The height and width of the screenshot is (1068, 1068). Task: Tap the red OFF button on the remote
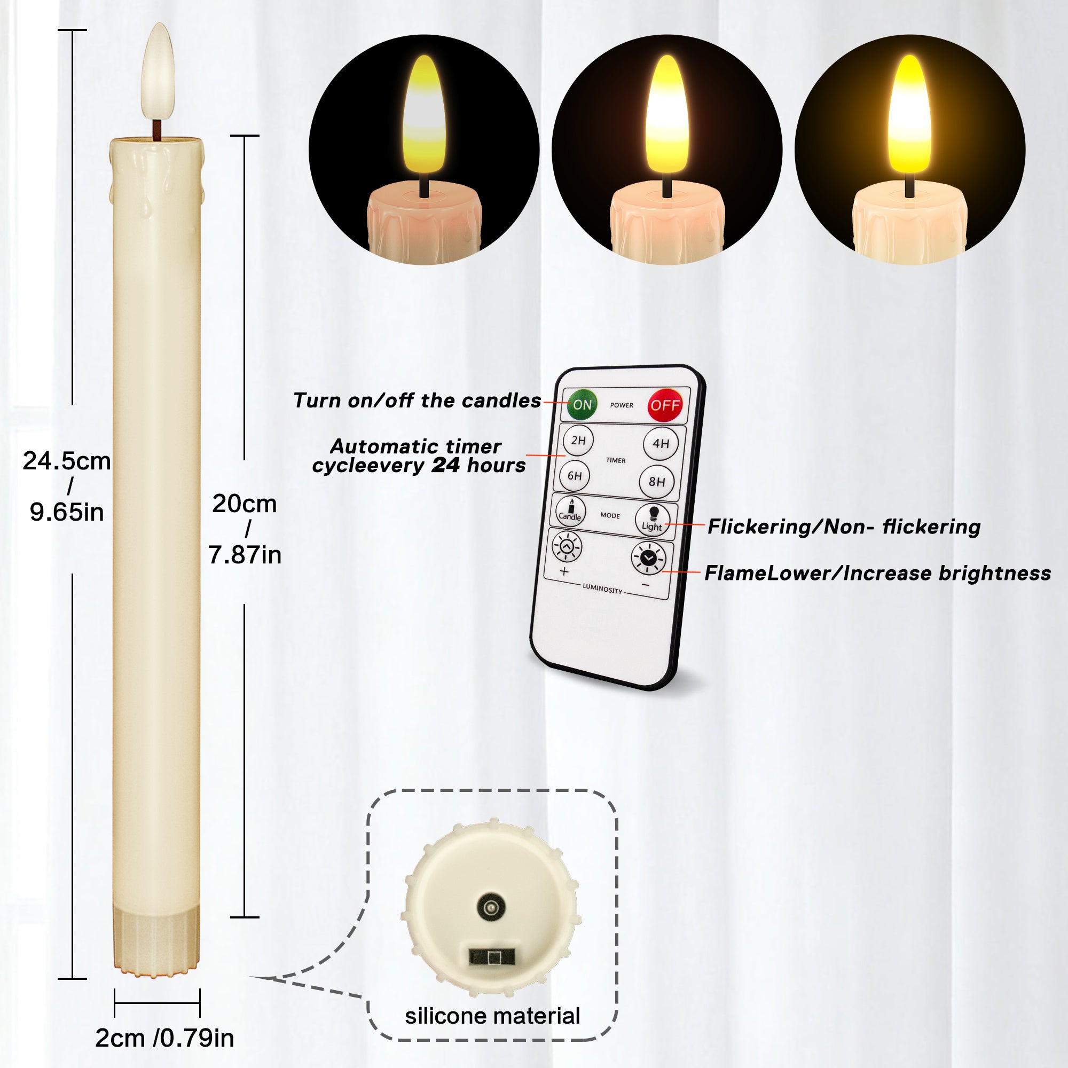(664, 405)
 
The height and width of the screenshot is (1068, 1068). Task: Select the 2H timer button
(578, 440)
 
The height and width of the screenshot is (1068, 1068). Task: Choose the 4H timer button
(661, 443)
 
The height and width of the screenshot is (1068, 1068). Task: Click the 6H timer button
(575, 475)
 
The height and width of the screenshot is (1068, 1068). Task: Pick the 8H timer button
(657, 482)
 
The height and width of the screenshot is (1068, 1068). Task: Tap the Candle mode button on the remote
(570, 511)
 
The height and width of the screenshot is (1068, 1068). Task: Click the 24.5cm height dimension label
(66, 461)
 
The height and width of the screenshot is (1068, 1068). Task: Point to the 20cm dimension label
(245, 504)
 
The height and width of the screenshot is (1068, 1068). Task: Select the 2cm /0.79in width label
(164, 1038)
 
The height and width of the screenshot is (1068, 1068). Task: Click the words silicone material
(492, 1016)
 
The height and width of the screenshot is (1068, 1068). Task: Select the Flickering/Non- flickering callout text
(844, 527)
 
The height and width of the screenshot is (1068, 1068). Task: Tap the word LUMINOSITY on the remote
(602, 588)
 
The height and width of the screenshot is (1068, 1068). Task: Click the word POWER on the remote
(622, 405)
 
